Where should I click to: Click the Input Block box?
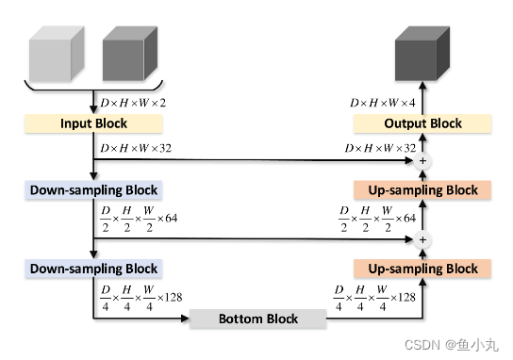pos(93,123)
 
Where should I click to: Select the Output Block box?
pos(422,123)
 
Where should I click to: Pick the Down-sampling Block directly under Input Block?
pos(93,189)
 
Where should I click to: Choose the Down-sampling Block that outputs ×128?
pos(93,269)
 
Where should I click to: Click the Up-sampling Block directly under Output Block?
pos(422,189)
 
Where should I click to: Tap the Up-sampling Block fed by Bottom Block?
pos(422,269)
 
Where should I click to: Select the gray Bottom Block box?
pos(258,319)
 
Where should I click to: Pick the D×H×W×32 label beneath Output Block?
pos(382,148)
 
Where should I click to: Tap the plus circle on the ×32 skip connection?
pos(422,162)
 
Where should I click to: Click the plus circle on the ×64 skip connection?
pos(422,240)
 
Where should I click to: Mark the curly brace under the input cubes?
pos(93,88)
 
